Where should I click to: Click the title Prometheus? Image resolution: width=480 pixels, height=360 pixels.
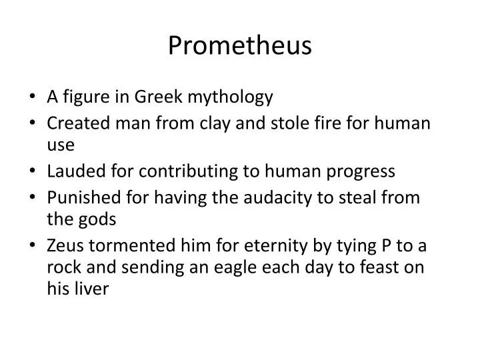(239, 45)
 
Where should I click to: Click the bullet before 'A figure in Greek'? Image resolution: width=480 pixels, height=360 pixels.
(34, 98)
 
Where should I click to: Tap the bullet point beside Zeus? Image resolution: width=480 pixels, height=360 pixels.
(34, 246)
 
